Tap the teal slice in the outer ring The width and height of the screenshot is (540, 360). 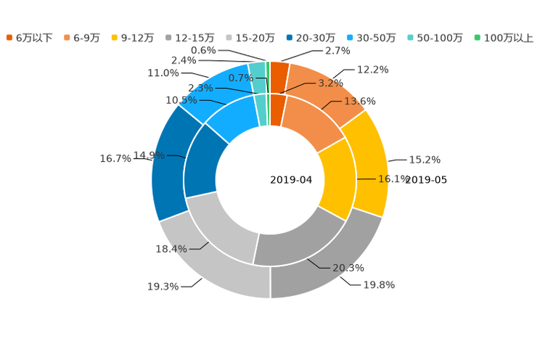(x=256, y=68)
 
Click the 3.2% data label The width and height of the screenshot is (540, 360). (x=330, y=83)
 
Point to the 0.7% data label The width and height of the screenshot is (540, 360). (x=240, y=78)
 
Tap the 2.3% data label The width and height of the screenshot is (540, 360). (x=200, y=88)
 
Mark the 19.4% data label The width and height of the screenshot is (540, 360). (x=171, y=249)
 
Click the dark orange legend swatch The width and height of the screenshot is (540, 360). (x=9, y=37)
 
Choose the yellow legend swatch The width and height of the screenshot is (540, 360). (x=114, y=37)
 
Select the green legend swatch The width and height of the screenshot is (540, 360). (x=477, y=37)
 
